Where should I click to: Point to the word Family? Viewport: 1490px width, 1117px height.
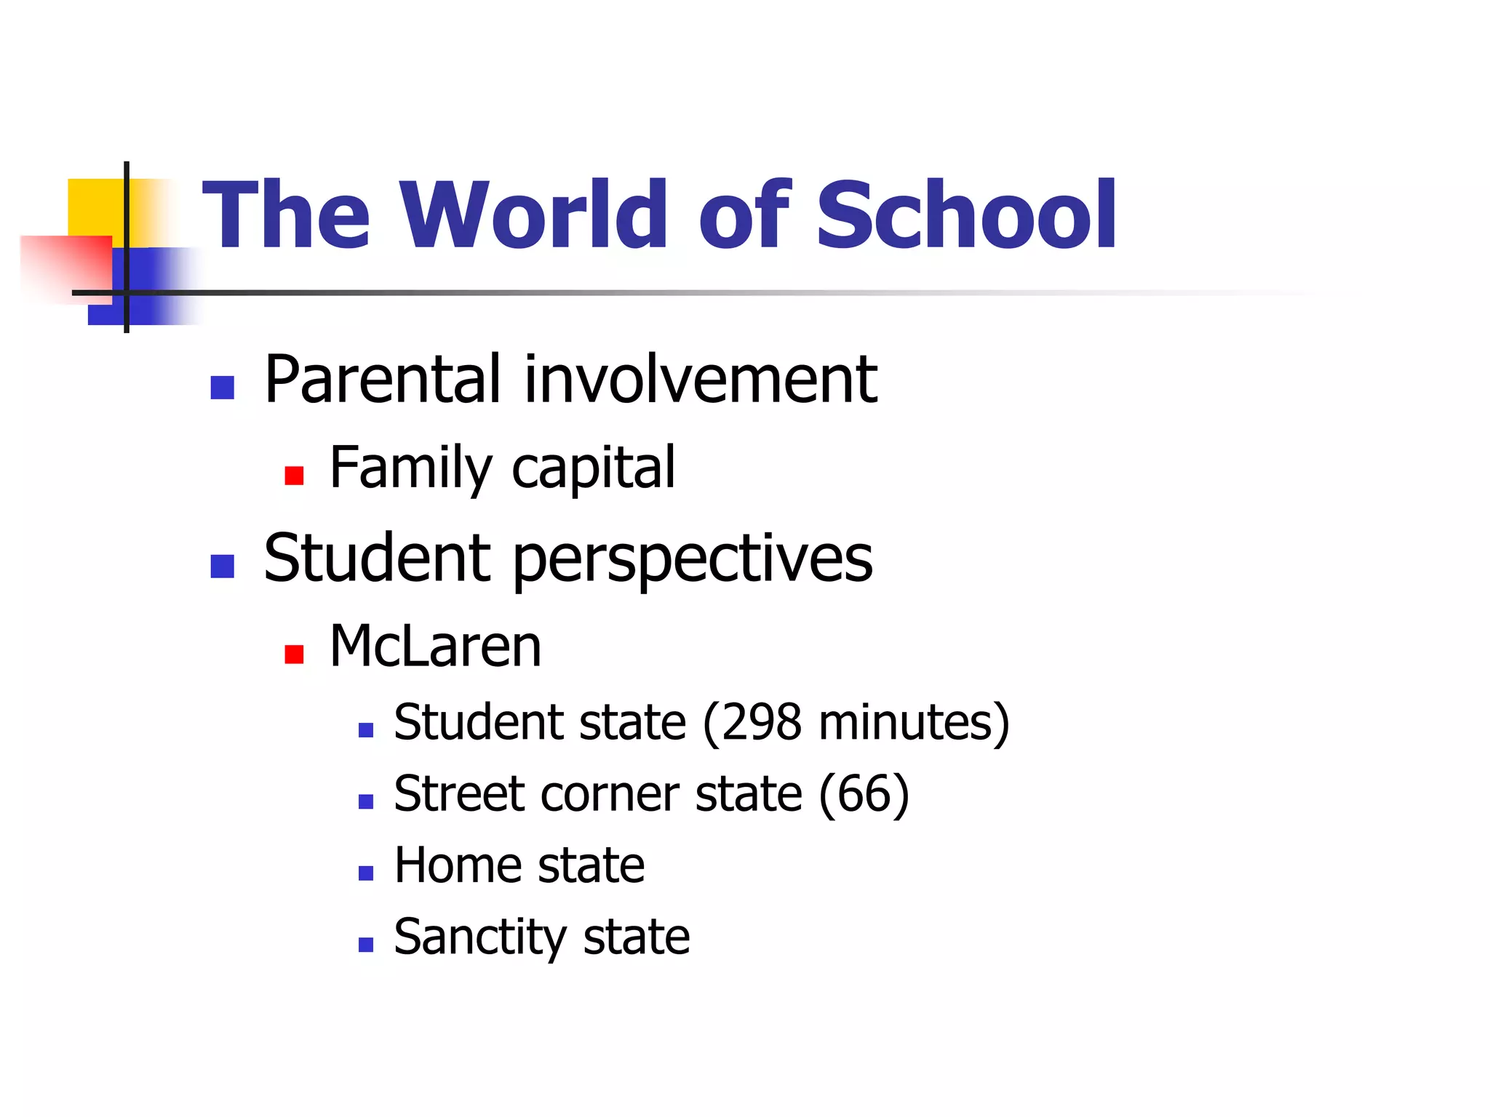click(x=411, y=468)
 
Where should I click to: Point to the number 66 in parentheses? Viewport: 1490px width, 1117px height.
click(x=864, y=793)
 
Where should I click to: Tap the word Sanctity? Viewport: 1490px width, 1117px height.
click(x=479, y=937)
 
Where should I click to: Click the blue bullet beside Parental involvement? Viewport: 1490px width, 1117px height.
click(x=222, y=388)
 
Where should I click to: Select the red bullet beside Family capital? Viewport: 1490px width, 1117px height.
click(x=294, y=476)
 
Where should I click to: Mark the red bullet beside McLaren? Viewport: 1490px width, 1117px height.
click(x=294, y=654)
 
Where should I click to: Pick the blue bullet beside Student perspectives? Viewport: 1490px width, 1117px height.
click(x=222, y=566)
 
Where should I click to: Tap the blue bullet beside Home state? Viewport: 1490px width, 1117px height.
click(x=366, y=873)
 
